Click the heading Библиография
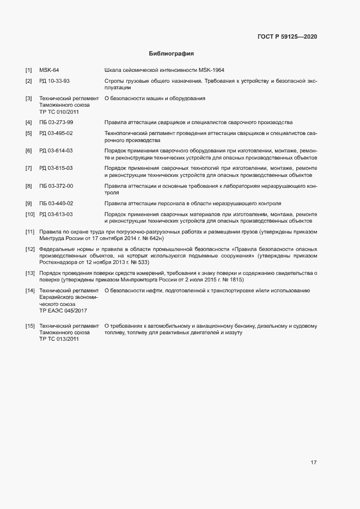(x=172, y=54)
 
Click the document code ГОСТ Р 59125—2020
(x=287, y=37)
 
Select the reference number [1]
(x=29, y=70)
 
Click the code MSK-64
(x=49, y=70)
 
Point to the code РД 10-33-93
(x=54, y=81)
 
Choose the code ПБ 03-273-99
(x=56, y=122)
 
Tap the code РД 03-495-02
(x=56, y=133)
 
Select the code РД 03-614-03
(x=56, y=150)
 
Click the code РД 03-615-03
(x=56, y=168)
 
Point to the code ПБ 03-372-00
(x=56, y=186)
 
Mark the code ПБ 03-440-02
(x=56, y=203)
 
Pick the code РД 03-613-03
(x=56, y=214)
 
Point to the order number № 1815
(x=233, y=280)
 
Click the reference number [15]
(x=30, y=326)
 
